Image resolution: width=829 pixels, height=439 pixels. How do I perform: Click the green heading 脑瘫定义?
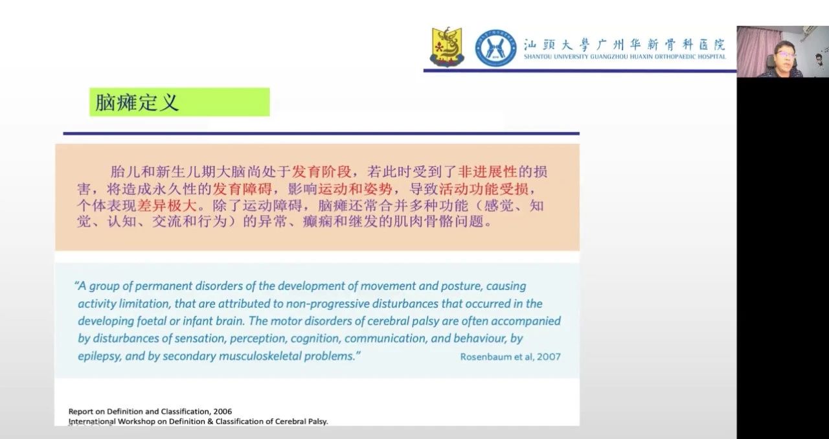tap(137, 102)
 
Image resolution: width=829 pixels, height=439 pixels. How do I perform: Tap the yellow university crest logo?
tap(447, 47)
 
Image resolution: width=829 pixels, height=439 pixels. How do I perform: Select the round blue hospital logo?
tap(495, 48)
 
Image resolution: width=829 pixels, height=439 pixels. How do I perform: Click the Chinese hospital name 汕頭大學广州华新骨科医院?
tap(624, 45)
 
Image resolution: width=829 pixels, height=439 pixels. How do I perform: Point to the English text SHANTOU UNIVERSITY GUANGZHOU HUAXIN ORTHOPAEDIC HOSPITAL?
tap(625, 56)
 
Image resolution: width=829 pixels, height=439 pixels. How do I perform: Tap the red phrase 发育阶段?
tap(321, 172)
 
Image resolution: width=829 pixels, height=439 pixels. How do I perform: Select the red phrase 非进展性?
tap(487, 172)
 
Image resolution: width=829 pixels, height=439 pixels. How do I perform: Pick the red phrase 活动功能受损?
tap(483, 189)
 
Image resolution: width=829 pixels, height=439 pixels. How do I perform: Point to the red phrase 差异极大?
tap(167, 205)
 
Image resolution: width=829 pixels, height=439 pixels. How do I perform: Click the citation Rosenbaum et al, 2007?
tap(510, 357)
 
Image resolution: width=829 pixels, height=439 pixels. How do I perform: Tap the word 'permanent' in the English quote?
tap(163, 286)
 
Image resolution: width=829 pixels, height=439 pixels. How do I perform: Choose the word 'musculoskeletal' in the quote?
tap(258, 356)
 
